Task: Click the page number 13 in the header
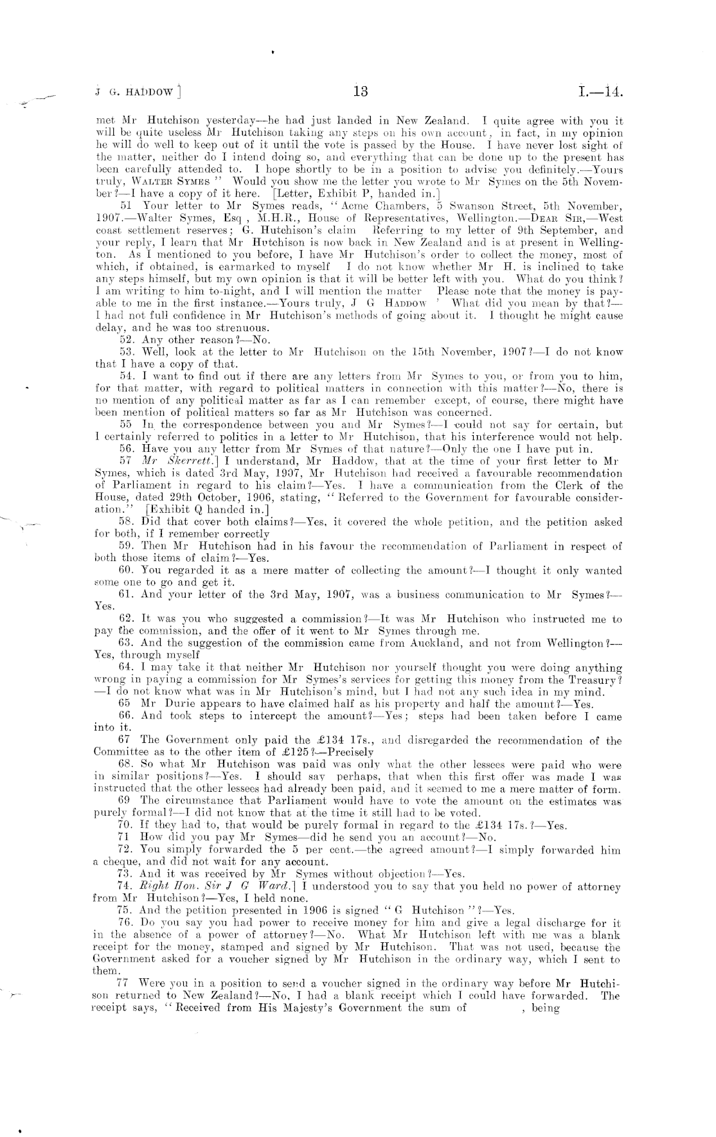[x=361, y=91]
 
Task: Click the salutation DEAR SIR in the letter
[x=562, y=218]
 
